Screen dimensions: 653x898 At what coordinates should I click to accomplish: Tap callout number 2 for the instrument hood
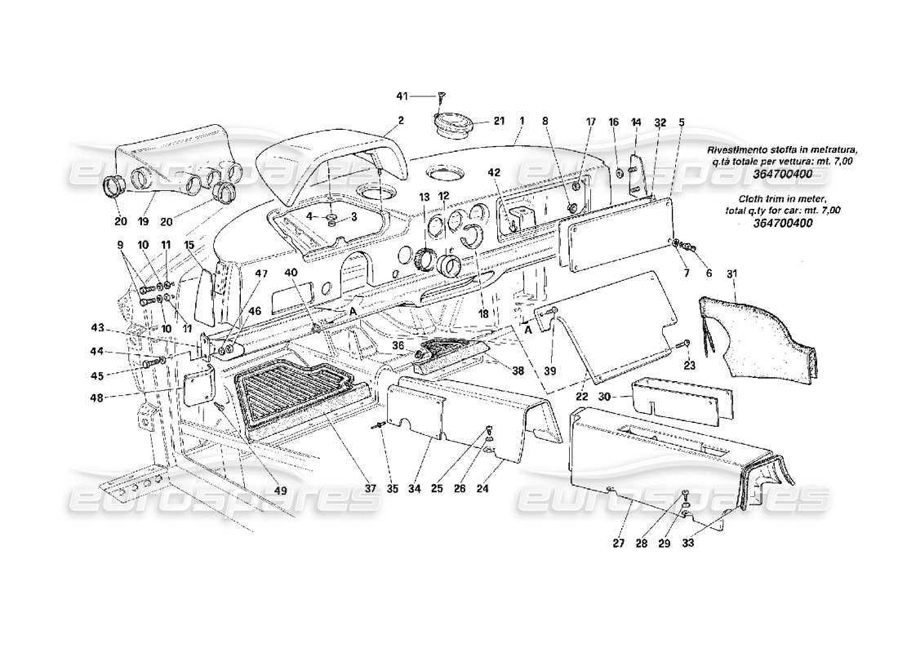click(401, 121)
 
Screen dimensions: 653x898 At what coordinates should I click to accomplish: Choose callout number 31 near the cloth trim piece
click(731, 273)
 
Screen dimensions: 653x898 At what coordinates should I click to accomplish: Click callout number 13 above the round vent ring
click(424, 197)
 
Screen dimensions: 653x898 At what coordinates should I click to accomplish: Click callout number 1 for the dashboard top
click(520, 121)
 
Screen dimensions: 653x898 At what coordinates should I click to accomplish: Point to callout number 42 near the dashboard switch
click(494, 172)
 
